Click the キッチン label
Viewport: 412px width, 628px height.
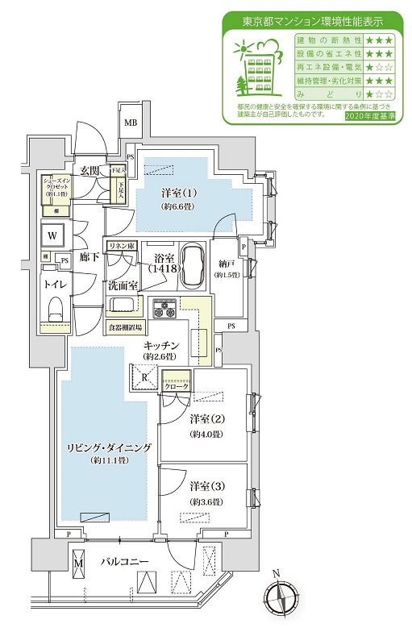(x=160, y=344)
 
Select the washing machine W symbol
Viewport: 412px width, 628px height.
(x=52, y=236)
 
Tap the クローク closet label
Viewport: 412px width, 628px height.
(x=177, y=386)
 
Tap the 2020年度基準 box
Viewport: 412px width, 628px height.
(x=368, y=116)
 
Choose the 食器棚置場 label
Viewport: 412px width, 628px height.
(x=127, y=327)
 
